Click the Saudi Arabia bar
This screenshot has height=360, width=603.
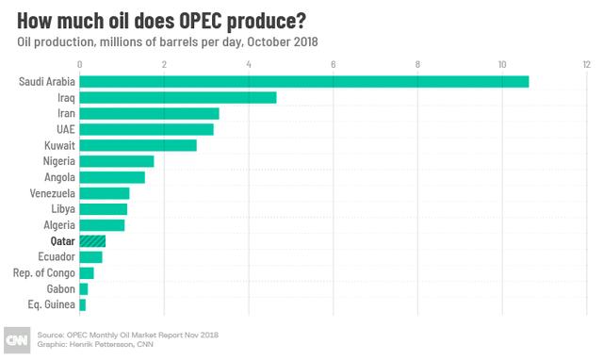[303, 81]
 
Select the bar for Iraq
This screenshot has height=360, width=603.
[177, 97]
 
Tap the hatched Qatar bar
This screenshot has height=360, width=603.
[92, 241]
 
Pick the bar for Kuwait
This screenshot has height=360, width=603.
[138, 145]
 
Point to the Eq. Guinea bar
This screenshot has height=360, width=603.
[83, 305]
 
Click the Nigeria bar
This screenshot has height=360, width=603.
[117, 161]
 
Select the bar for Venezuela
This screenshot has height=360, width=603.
[105, 193]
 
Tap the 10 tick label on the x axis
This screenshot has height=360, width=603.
[502, 64]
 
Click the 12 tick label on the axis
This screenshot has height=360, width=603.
[586, 64]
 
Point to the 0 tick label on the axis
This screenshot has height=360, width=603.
[80, 64]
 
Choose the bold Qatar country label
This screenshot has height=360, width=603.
[62, 241]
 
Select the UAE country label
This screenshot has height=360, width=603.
[64, 129]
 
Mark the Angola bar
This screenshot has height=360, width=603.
[112, 177]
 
